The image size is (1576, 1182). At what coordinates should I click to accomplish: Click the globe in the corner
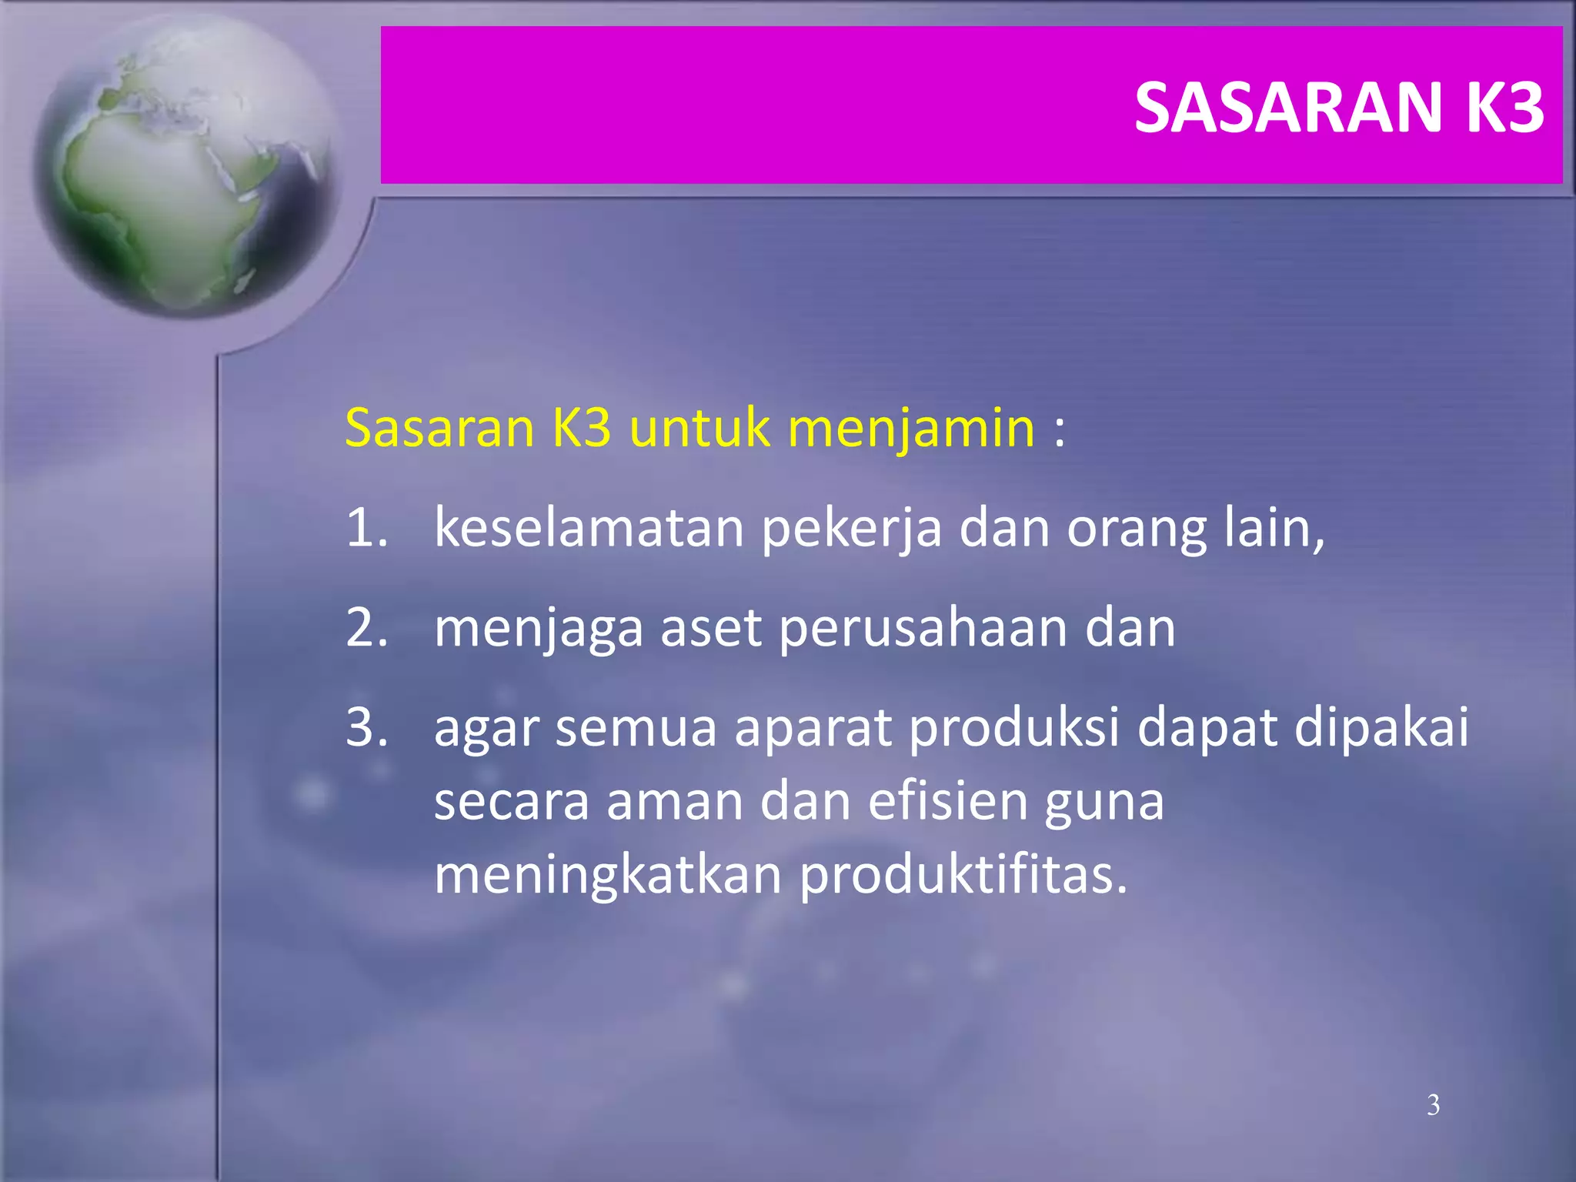tap(185, 165)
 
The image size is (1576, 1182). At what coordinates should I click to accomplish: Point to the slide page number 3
tap(1433, 1105)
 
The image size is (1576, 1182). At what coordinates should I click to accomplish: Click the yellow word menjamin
tap(912, 428)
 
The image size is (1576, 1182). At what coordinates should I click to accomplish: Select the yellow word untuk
tap(699, 428)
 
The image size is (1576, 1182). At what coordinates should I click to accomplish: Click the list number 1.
tap(366, 528)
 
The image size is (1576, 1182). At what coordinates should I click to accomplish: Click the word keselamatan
tap(589, 528)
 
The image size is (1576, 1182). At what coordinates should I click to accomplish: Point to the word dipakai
tap(1381, 728)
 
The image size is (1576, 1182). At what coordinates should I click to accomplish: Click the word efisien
tap(948, 802)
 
